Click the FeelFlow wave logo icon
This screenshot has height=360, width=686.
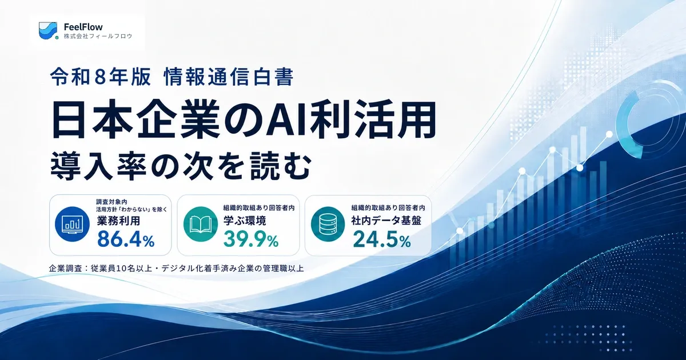49,31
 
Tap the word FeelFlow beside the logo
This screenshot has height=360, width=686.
83,27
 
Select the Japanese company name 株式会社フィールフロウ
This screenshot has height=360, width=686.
98,36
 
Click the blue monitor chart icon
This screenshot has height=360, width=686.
72,224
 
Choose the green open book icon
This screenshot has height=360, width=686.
201,224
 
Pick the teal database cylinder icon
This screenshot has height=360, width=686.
328,224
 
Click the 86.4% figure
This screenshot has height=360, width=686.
126,239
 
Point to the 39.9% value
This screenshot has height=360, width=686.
251,239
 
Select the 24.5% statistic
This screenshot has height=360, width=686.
382,239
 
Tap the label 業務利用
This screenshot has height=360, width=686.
118,221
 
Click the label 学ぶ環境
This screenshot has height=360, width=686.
245,221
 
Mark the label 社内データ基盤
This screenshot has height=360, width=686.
386,221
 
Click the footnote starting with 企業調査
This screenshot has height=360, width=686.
177,269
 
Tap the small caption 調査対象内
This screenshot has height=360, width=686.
111,202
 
